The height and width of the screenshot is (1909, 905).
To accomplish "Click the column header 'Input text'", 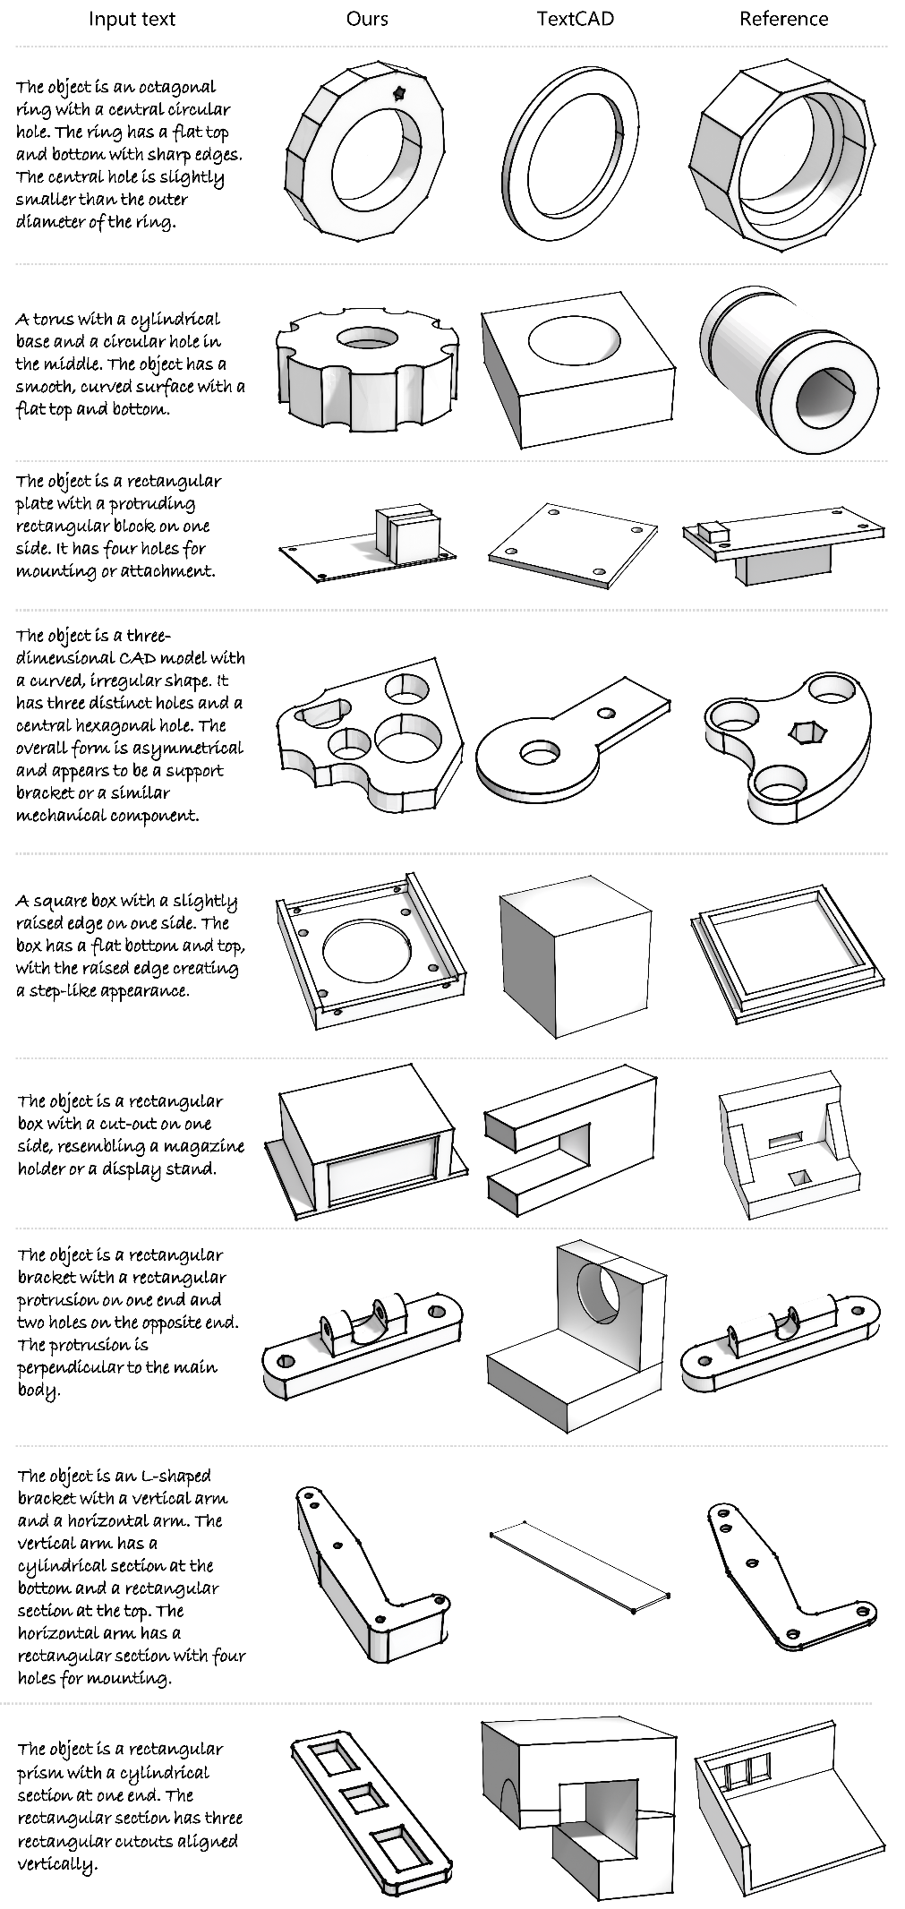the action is pyautogui.click(x=132, y=19).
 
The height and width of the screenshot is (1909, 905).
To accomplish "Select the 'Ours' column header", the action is pyautogui.click(x=367, y=19).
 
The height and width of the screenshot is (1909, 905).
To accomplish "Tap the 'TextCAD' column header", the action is pyautogui.click(x=575, y=19).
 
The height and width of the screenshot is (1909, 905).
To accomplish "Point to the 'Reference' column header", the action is pyautogui.click(x=783, y=19).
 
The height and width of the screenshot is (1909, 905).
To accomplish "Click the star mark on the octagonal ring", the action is pyautogui.click(x=399, y=92).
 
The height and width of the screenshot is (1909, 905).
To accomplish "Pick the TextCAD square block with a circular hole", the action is pyautogui.click(x=577, y=367).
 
